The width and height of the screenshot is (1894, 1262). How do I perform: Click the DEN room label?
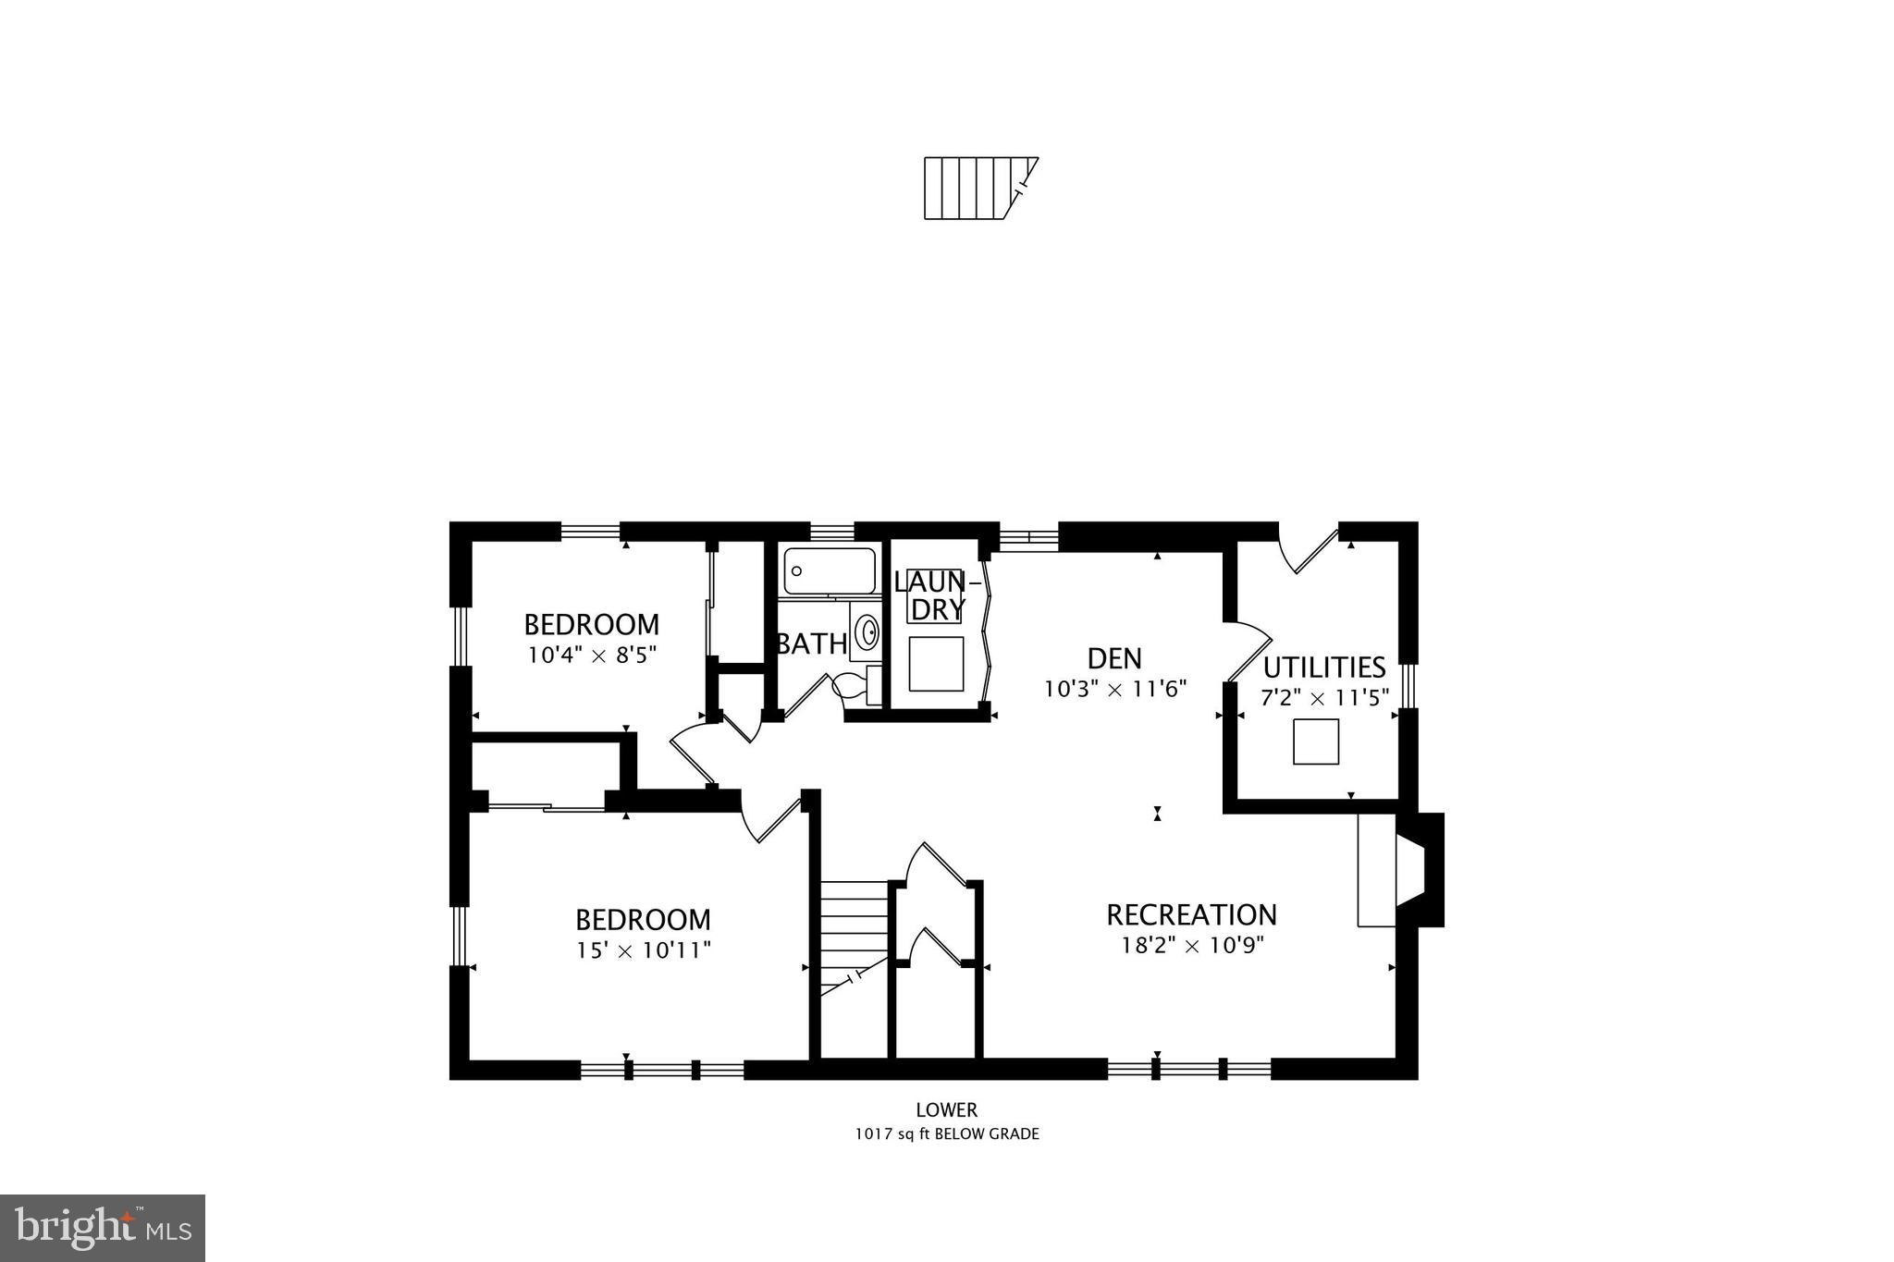click(1114, 658)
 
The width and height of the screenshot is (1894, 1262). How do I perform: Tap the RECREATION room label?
click(1191, 914)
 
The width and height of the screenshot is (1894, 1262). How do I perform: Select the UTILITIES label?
click(1323, 667)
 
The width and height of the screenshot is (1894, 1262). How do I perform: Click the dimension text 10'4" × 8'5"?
click(592, 656)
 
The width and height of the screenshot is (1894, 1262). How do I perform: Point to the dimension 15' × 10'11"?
click(644, 950)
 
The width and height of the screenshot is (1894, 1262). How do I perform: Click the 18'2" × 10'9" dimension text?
click(1192, 945)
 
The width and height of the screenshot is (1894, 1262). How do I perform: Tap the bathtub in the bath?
click(829, 571)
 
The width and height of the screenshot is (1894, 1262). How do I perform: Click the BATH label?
click(811, 643)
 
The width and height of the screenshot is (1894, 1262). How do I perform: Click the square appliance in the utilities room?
click(1315, 741)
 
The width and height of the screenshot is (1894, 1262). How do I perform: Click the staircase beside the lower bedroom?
click(854, 934)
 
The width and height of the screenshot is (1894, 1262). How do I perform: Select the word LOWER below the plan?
click(946, 1109)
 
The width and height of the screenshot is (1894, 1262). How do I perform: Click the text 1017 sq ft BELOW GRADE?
click(946, 1133)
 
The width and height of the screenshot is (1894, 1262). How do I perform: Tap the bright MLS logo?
click(103, 1228)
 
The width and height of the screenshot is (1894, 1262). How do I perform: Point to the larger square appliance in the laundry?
click(936, 663)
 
